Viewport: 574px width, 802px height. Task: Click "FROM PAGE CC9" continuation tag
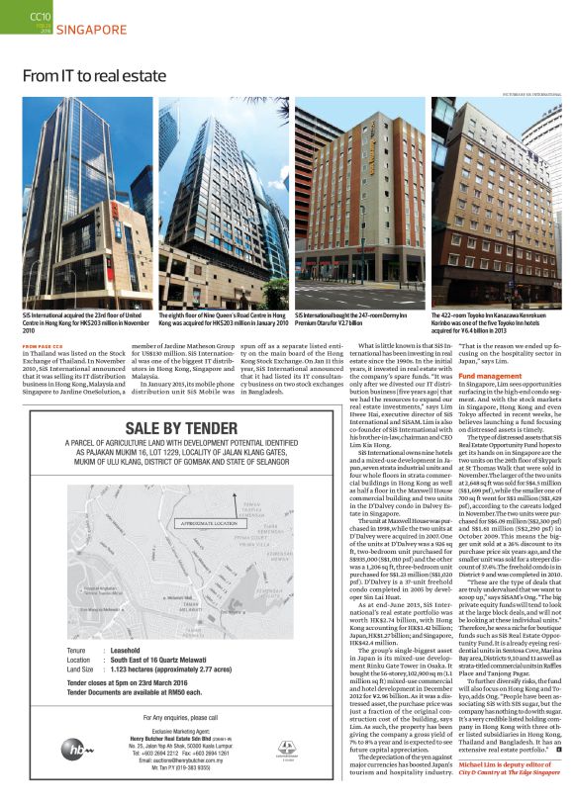click(44, 346)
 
